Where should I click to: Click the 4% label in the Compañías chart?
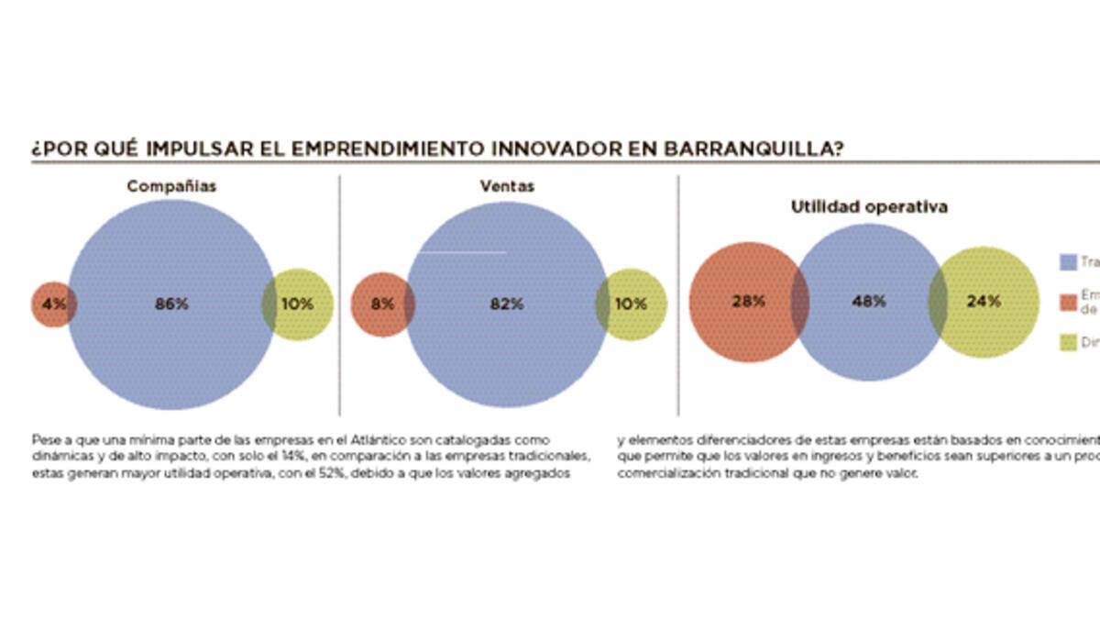54,304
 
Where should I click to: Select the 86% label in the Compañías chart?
171,304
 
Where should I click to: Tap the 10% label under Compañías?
296,304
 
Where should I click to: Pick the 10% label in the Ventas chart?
630,304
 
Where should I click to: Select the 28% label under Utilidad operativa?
748,301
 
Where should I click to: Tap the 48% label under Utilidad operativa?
868,301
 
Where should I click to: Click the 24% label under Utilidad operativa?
984,301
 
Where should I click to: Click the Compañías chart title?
171,186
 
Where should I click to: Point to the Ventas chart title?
507,186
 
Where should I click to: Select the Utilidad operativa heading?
869,207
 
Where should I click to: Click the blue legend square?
1067,262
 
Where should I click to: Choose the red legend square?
1067,301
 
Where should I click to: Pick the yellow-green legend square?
1067,342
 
